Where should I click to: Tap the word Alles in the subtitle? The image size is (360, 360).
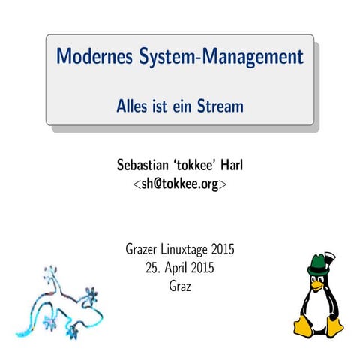132,106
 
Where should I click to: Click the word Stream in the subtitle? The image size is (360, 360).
220,106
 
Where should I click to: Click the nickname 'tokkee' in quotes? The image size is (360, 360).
198,165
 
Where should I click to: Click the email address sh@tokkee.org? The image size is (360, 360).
180,183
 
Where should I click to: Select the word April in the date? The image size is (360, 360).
178,268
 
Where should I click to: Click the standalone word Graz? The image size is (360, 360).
180,286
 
